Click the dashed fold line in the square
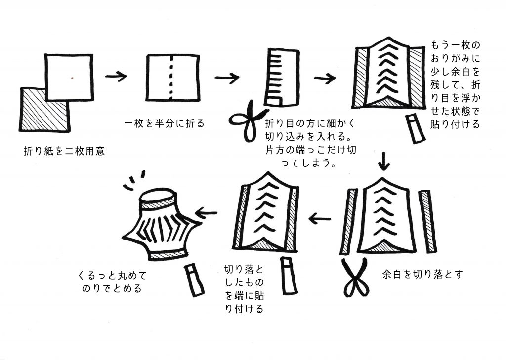[x=171, y=78]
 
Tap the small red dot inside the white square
[x=72, y=78]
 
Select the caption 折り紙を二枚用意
[x=65, y=151]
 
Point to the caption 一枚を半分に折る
[x=165, y=123]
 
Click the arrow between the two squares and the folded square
[x=116, y=77]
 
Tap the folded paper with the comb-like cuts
[x=282, y=78]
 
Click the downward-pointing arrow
[x=383, y=161]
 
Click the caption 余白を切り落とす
[x=422, y=274]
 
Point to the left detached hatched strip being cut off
[x=348, y=222]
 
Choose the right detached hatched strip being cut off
[x=428, y=222]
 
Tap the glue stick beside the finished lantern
[x=194, y=280]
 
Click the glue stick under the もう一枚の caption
[x=415, y=128]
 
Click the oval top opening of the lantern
[x=158, y=196]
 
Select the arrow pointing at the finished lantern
[x=207, y=213]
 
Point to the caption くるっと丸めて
[x=112, y=276]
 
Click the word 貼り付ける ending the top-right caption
[x=455, y=124]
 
